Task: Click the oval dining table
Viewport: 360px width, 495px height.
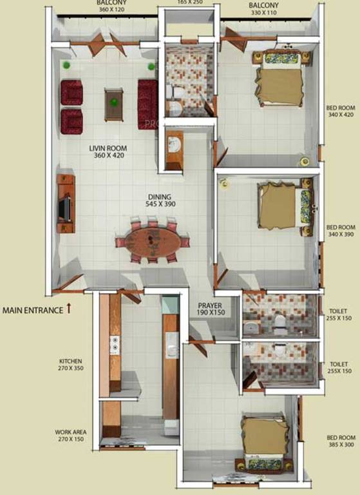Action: point(153,242)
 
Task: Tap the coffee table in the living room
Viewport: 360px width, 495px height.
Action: point(114,103)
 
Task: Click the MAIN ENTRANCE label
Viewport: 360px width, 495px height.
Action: point(33,310)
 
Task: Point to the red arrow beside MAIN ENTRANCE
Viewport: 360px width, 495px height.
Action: point(68,309)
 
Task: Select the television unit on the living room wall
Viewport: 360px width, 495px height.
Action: point(66,202)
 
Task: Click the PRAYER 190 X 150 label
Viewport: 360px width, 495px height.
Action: point(209,308)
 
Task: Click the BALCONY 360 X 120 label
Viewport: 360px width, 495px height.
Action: point(112,6)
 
